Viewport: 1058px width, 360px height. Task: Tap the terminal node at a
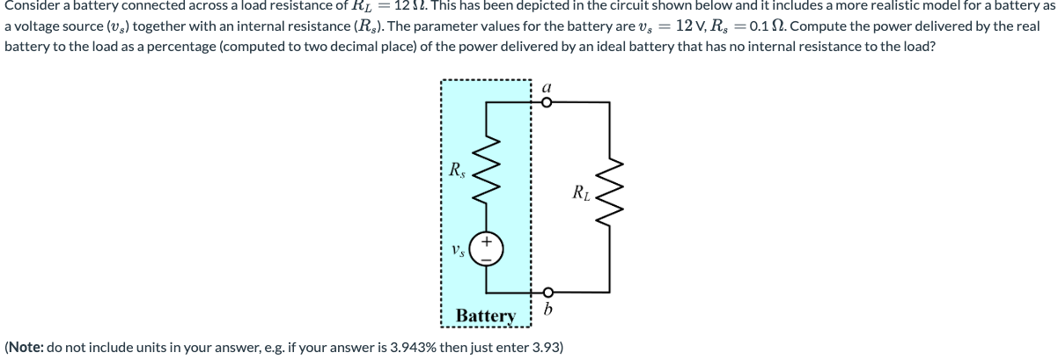(547, 102)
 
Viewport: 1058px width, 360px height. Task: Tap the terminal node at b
(547, 292)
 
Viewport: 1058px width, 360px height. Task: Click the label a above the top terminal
(547, 87)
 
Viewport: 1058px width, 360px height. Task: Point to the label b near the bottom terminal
(548, 310)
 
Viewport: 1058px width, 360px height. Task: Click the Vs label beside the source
(458, 250)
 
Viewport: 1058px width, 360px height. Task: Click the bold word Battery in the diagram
(486, 315)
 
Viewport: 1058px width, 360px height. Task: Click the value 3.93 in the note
(547, 347)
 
